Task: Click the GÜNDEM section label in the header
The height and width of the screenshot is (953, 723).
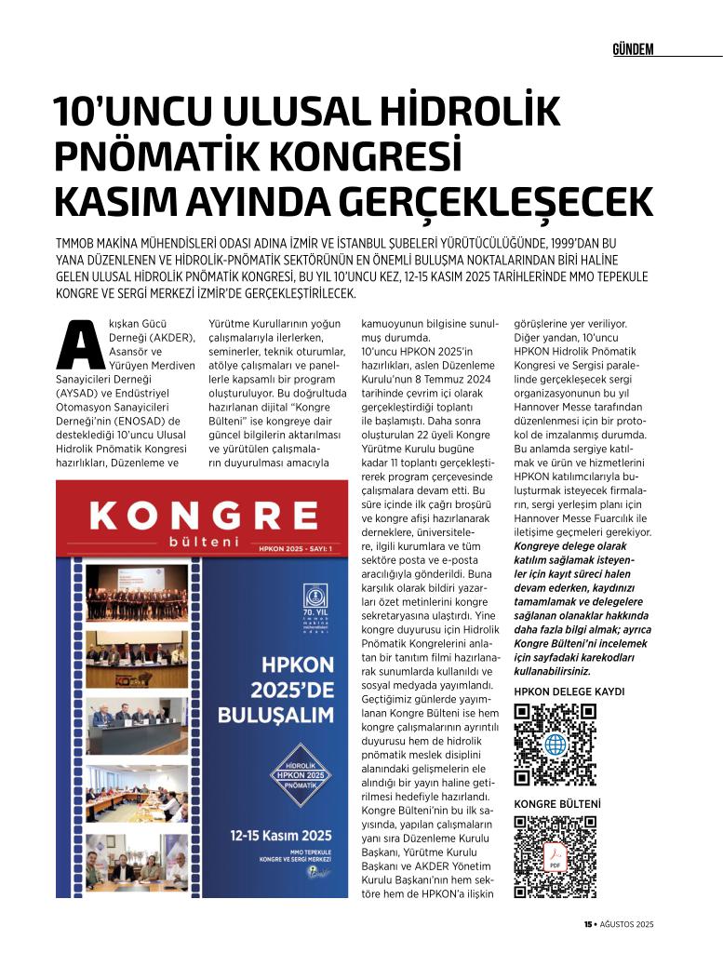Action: point(633,49)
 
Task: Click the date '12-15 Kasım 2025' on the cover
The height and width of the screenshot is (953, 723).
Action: point(280,835)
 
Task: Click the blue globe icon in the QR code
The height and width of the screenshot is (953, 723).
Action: point(556,745)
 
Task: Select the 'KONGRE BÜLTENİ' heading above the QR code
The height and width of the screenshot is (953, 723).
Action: point(557,803)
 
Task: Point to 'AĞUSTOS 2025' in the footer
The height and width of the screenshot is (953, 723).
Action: point(627,923)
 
